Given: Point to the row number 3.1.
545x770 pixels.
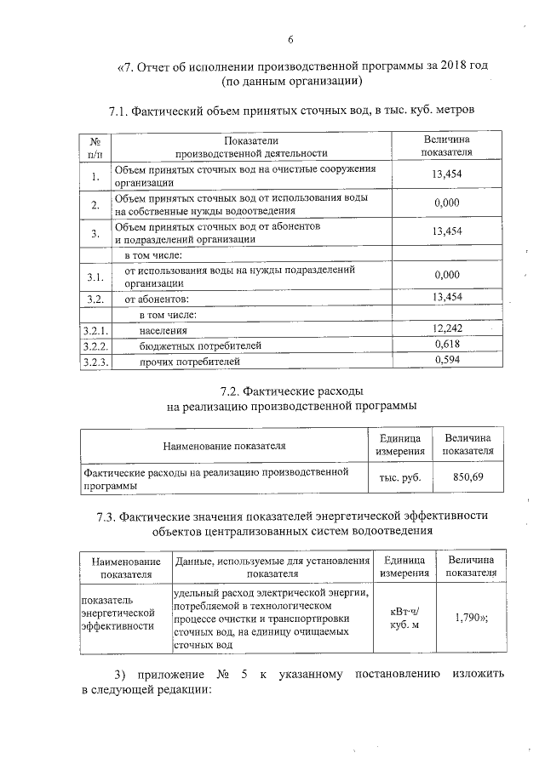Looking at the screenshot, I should point(95,277).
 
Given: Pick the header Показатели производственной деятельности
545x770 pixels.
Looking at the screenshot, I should point(251,146).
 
